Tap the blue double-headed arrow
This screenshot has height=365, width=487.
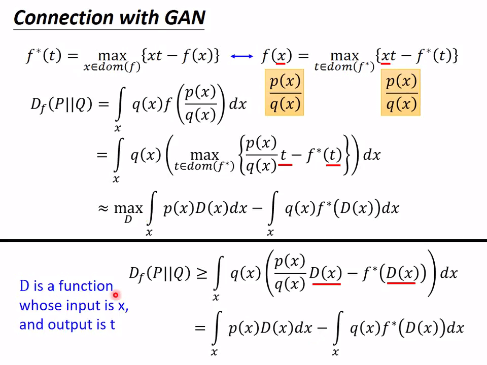241,56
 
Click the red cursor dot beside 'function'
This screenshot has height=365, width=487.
116,295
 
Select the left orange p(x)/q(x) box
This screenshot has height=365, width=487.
284,92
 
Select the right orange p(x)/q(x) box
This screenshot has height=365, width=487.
401,92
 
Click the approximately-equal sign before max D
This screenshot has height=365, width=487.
103,208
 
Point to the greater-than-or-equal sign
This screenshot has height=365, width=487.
201,274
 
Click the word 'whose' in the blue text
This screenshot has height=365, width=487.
41,306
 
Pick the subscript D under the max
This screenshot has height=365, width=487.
128,220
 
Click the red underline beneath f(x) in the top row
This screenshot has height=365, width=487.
281,64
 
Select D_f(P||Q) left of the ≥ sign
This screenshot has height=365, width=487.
159,274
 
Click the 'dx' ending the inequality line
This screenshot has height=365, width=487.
448,274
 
